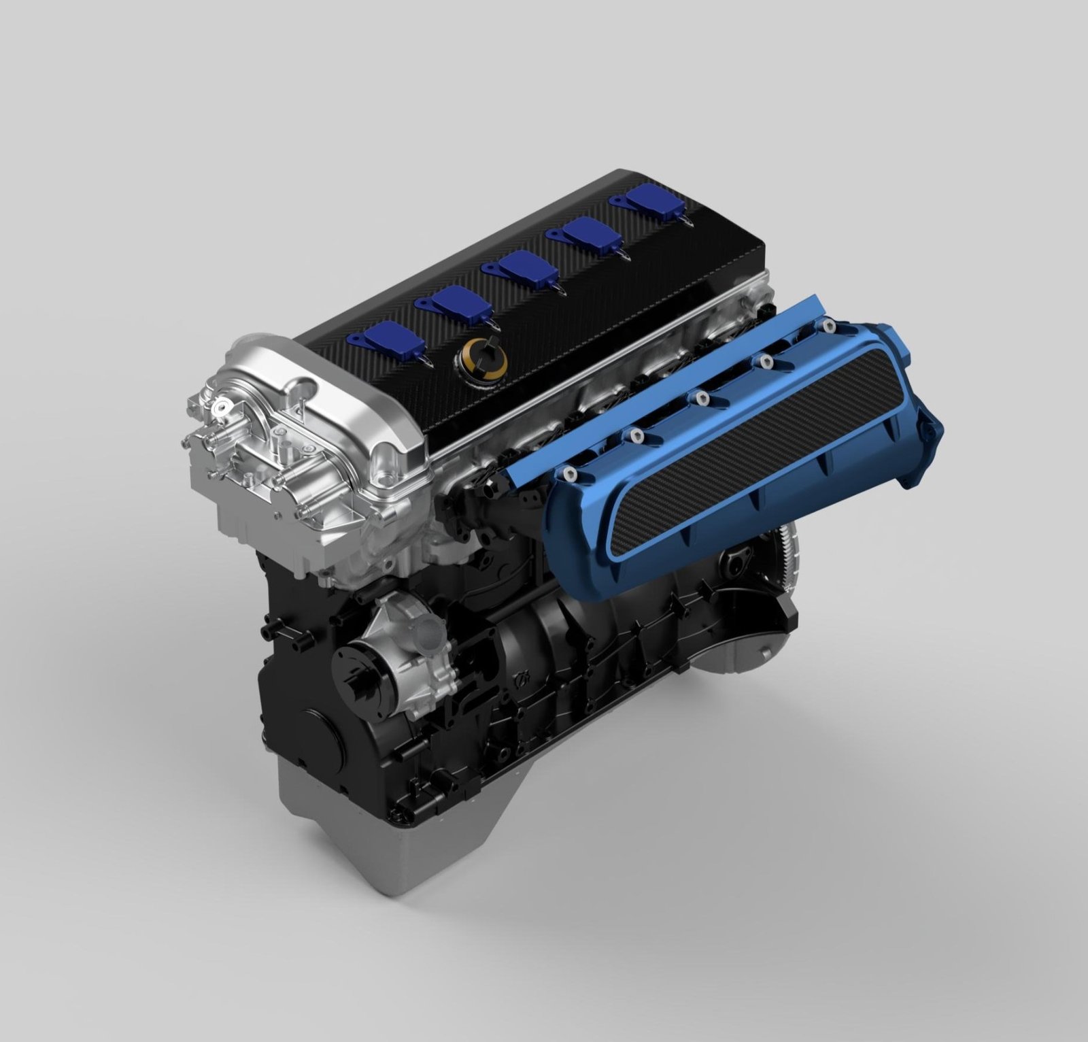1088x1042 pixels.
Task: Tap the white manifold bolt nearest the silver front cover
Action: [568, 473]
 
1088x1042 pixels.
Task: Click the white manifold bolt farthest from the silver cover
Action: [828, 326]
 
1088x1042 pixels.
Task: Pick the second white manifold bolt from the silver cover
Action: [636, 435]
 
